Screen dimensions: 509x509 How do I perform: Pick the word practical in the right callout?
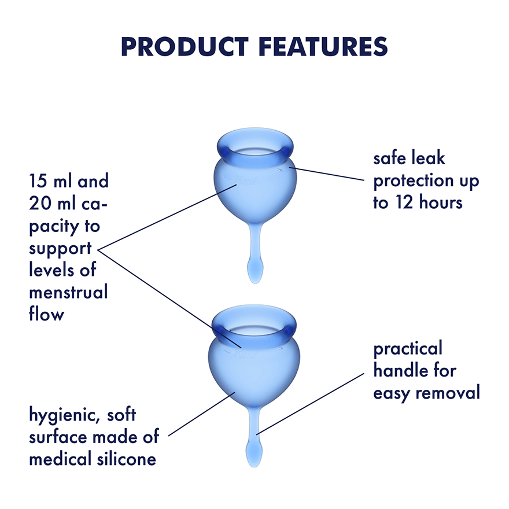(408, 349)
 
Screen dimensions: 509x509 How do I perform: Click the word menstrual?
(68, 292)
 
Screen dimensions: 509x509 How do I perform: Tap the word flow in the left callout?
(46, 315)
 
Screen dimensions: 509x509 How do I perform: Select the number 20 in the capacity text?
(41, 204)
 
